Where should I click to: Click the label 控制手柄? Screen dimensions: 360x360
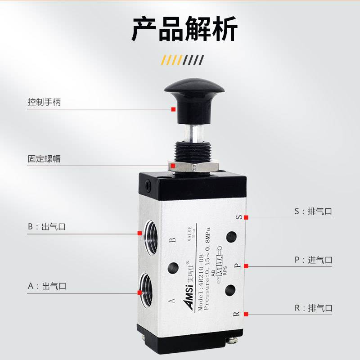point(44,102)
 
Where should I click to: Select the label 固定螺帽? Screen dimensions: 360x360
point(44,159)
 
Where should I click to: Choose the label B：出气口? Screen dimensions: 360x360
point(47,227)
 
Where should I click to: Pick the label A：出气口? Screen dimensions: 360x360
point(47,286)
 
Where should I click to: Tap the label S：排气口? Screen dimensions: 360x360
point(314,211)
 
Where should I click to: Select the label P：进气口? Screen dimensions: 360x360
point(314,260)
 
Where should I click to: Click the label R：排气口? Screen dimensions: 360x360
point(314,308)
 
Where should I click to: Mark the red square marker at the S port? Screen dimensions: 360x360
point(246,218)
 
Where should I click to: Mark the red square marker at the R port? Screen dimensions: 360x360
point(246,314)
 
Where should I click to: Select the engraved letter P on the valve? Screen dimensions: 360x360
point(237,266)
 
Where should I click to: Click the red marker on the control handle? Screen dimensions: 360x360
point(173,108)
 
